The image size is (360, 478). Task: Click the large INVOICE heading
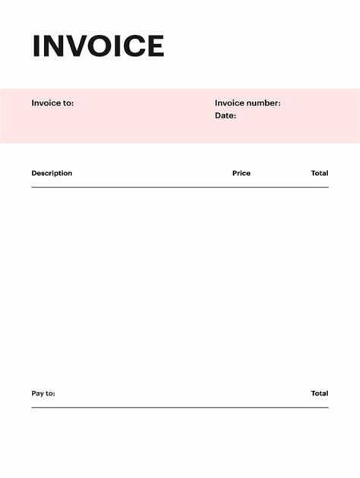pyautogui.click(x=98, y=46)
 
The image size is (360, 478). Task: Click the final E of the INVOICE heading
pyautogui.click(x=155, y=46)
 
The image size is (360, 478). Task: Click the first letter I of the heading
pyautogui.click(x=36, y=46)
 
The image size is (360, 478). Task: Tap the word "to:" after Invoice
pyautogui.click(x=68, y=103)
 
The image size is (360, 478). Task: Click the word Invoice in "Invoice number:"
pyautogui.click(x=230, y=103)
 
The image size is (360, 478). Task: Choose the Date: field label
pyautogui.click(x=226, y=116)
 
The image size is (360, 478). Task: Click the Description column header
pyautogui.click(x=52, y=173)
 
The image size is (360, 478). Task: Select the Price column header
pyautogui.click(x=242, y=173)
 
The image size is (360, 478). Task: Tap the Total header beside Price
pyautogui.click(x=320, y=173)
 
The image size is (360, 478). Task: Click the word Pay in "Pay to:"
pyautogui.click(x=38, y=394)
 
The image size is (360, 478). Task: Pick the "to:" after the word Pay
pyautogui.click(x=50, y=394)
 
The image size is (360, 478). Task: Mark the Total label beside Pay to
pyautogui.click(x=320, y=394)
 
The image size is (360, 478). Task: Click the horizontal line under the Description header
pyautogui.click(x=180, y=187)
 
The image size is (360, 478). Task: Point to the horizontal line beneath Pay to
pyautogui.click(x=180, y=407)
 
